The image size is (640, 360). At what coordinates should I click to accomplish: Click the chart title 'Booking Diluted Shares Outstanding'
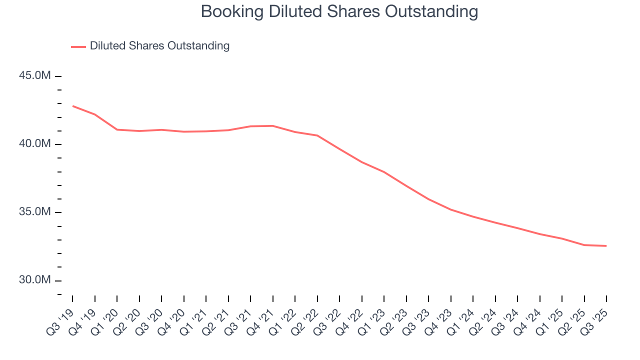(339, 11)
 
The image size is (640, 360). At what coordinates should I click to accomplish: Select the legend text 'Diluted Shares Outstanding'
(159, 46)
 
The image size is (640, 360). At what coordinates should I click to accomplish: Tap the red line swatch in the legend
(78, 46)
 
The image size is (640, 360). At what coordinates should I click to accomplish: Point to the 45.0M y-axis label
(35, 76)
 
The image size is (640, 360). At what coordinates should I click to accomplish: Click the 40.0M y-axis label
(35, 144)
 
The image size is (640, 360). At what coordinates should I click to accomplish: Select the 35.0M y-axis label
(35, 212)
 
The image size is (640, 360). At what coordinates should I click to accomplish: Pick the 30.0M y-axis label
(35, 280)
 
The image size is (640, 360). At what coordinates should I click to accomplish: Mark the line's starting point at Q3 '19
(72, 106)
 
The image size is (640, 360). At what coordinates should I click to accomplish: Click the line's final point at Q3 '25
(606, 246)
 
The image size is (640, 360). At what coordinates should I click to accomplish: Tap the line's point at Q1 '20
(117, 129)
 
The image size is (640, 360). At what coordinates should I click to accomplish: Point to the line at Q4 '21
(272, 126)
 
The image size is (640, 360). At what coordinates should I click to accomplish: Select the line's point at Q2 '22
(317, 135)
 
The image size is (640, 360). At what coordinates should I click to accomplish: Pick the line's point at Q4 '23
(451, 209)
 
